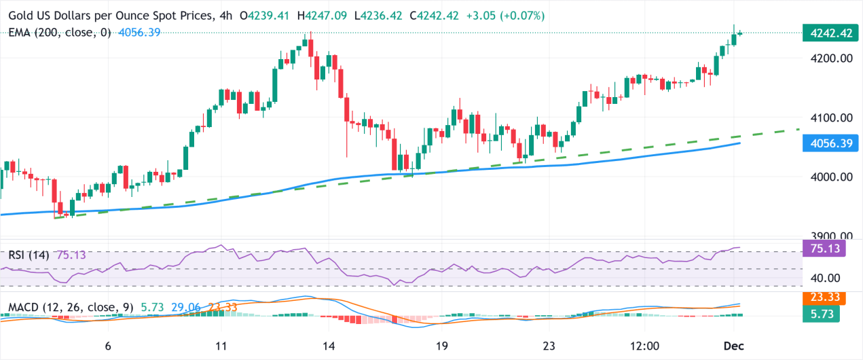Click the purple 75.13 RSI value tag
coord(826,249)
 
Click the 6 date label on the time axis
coord(109,346)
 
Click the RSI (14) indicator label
coord(29,255)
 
